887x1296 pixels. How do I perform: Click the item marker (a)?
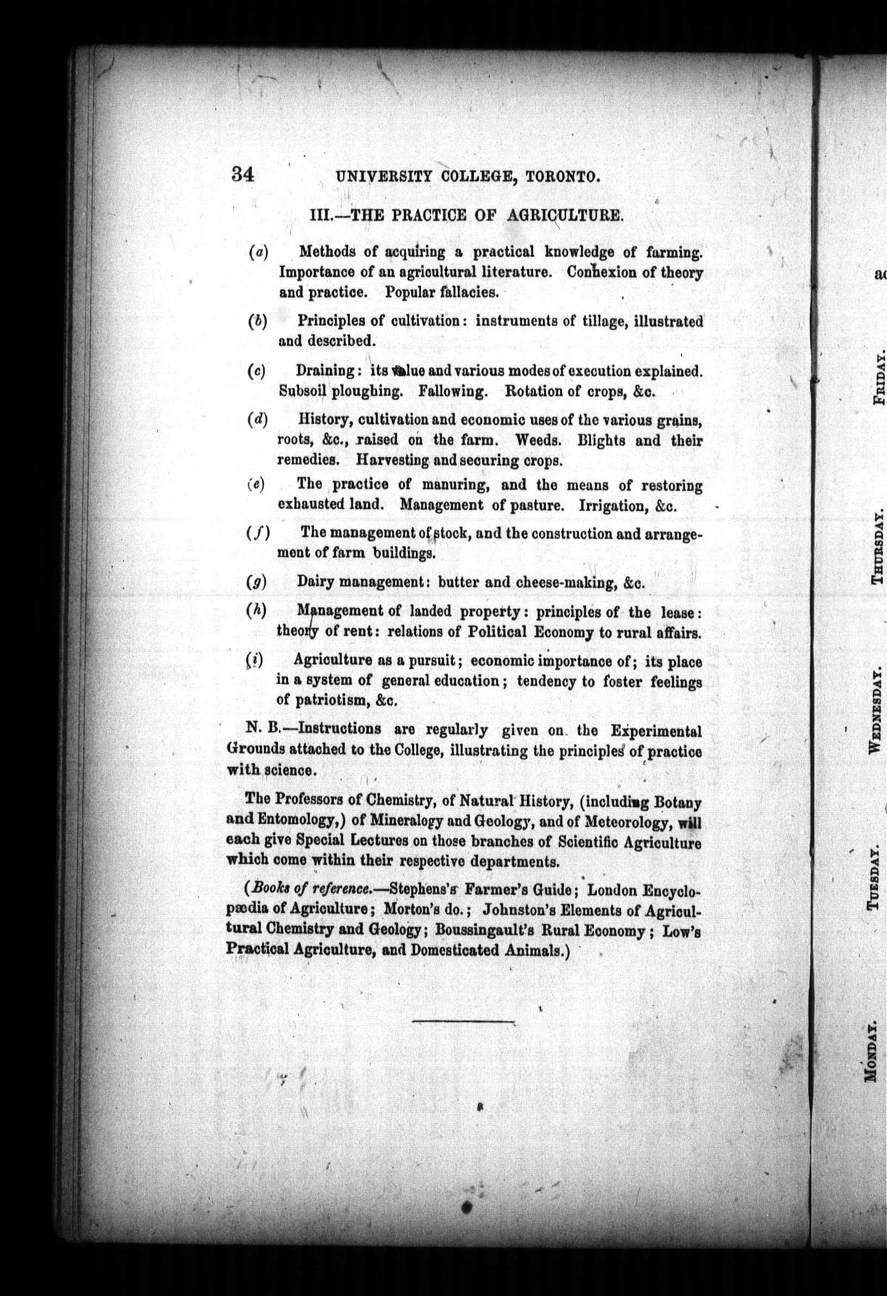click(258, 253)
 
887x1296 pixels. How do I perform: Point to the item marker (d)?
click(258, 419)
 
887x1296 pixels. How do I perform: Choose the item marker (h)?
click(256, 610)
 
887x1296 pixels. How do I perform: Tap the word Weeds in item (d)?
click(539, 440)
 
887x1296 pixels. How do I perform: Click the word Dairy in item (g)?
click(315, 582)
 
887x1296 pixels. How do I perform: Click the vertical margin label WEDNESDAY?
click(875, 709)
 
